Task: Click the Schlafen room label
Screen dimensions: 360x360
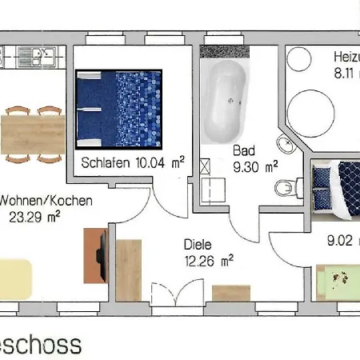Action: (x=106, y=163)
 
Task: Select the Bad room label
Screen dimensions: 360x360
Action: (x=243, y=150)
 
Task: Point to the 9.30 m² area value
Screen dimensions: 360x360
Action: (x=255, y=167)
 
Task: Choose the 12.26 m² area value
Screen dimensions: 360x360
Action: (x=208, y=260)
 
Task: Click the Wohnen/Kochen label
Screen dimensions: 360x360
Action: (x=46, y=200)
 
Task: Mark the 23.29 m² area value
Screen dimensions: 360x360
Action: (x=34, y=216)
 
